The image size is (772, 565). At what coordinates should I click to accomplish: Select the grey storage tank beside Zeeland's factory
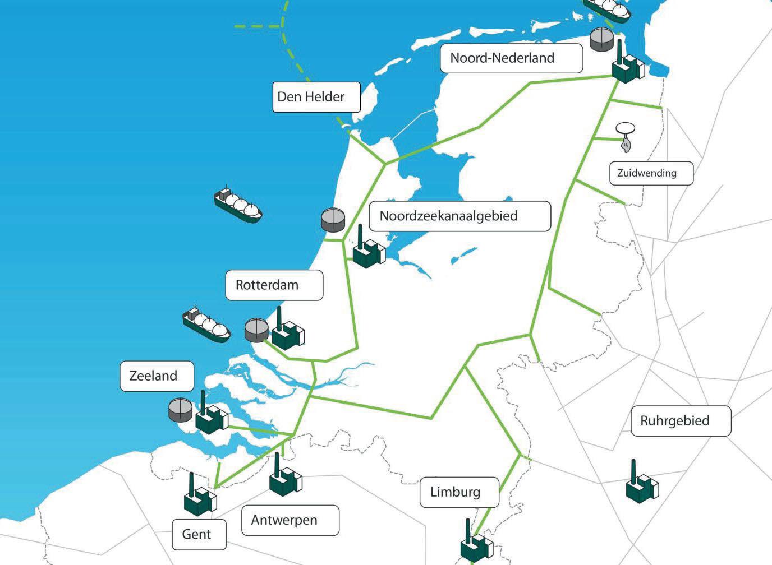coord(181,410)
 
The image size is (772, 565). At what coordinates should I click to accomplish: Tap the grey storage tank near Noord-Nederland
coord(601,40)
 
